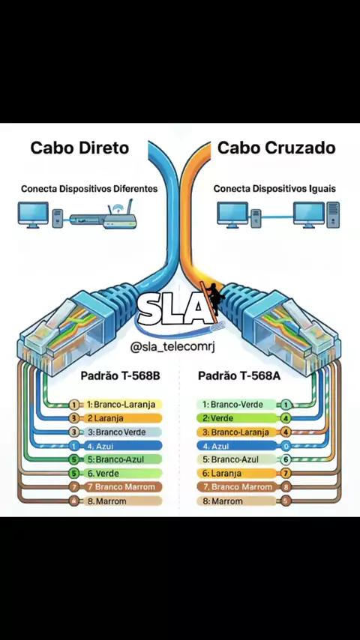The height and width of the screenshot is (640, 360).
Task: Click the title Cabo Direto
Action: click(79, 148)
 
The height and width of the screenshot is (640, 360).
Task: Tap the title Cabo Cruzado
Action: click(277, 148)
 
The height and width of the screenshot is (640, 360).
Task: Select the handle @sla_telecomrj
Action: click(172, 347)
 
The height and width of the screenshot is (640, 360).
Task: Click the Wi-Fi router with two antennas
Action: click(120, 216)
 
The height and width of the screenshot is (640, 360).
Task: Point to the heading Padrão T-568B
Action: click(120, 375)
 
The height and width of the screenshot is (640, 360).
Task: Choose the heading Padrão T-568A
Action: click(239, 375)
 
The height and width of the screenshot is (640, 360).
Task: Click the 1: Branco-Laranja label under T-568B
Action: click(121, 405)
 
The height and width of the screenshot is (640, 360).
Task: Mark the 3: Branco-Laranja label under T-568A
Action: click(236, 432)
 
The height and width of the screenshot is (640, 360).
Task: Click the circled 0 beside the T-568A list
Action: click(286, 446)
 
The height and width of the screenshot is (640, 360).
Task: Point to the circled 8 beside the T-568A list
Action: click(286, 487)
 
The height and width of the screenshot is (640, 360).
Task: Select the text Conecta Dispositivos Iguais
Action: click(274, 189)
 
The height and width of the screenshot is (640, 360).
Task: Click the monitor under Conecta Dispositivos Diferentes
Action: click(33, 214)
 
